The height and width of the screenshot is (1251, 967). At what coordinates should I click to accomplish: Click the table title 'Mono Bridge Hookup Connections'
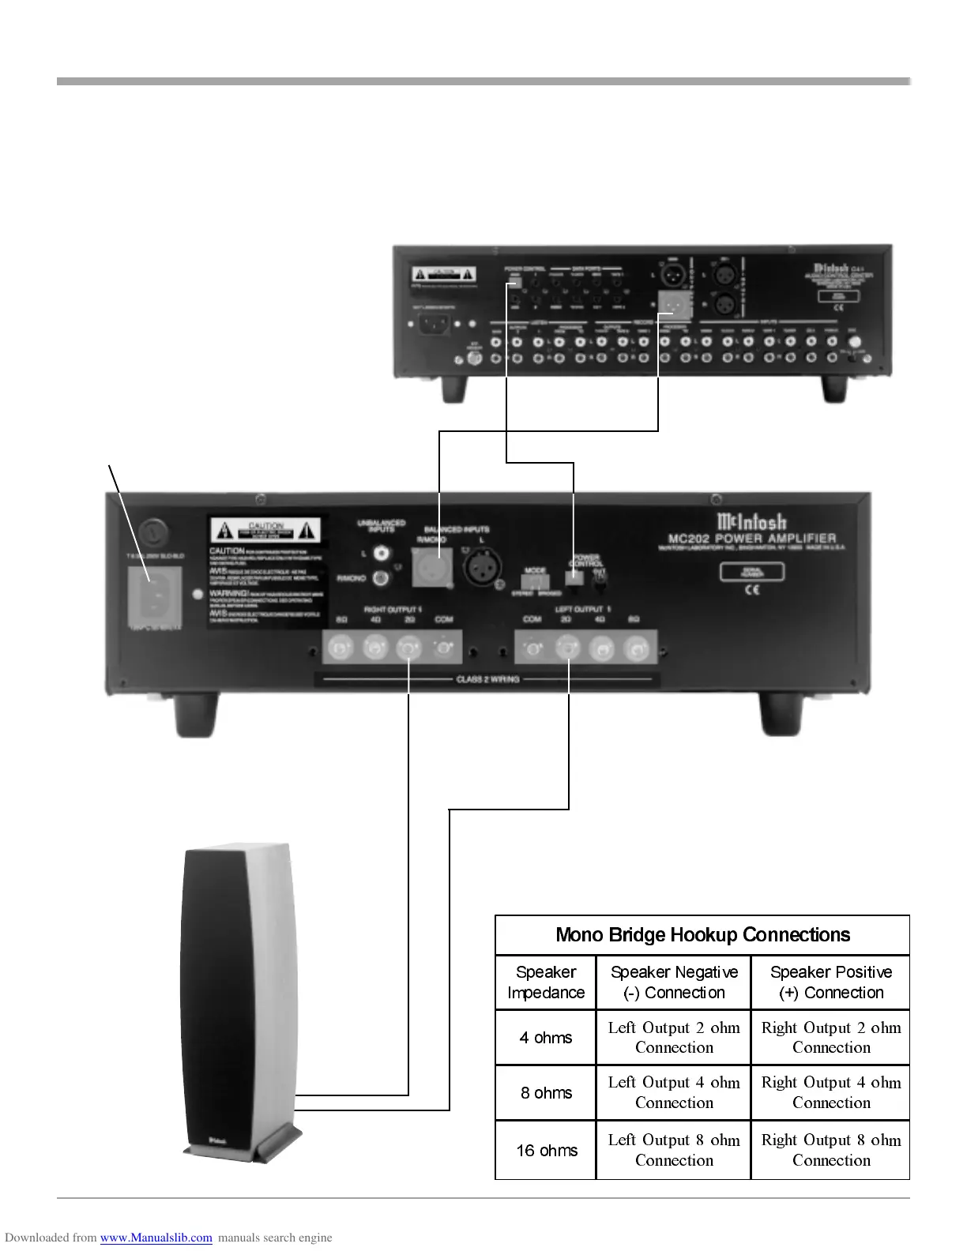tap(702, 935)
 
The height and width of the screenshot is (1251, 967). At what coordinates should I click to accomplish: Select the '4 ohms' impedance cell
tap(546, 1038)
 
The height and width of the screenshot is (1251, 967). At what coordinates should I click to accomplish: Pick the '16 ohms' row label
tap(547, 1151)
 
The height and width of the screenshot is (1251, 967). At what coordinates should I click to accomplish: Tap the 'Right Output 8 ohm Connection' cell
tap(831, 1150)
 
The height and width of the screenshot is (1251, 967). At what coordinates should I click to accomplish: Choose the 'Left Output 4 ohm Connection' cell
tap(674, 1092)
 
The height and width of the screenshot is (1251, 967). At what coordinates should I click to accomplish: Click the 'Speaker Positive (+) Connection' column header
tap(831, 982)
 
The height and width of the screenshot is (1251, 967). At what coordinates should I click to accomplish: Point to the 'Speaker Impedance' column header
tap(546, 982)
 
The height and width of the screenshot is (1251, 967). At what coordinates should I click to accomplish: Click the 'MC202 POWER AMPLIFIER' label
tap(751, 539)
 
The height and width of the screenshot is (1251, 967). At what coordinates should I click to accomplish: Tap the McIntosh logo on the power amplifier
tap(751, 521)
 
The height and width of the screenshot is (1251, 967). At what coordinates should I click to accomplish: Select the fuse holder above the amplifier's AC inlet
tap(153, 531)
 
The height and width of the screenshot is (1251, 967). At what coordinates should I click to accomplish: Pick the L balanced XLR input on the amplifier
tap(481, 567)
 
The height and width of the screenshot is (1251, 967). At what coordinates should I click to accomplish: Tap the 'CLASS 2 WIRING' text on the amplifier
tap(487, 679)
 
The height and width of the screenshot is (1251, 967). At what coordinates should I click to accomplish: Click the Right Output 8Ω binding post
tap(341, 649)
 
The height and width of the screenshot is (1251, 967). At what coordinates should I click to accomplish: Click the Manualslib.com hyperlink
tap(156, 1238)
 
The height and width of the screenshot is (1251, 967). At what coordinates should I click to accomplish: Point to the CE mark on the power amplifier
tap(752, 590)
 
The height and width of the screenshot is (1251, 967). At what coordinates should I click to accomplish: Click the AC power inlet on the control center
tap(433, 323)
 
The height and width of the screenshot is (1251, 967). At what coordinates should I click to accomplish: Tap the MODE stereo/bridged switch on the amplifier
tap(536, 582)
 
